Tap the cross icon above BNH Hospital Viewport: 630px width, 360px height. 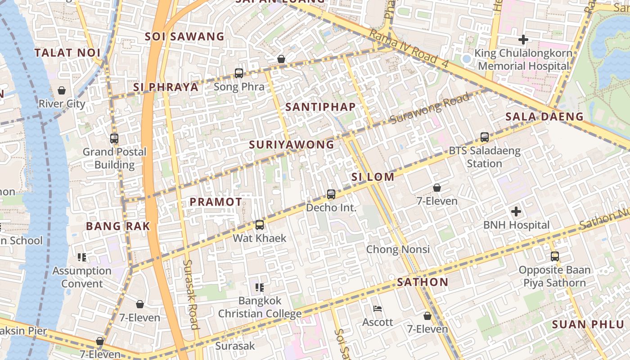pos(516,211)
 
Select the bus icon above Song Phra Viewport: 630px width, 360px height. pos(239,73)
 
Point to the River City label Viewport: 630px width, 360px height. pos(62,103)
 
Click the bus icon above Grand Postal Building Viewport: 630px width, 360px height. pos(114,139)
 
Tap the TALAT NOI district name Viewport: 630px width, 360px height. pos(67,53)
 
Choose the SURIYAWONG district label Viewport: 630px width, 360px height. pos(292,144)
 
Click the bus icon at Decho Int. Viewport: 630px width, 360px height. pos(331,194)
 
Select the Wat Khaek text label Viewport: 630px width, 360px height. pos(259,238)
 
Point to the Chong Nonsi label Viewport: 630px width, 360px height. pos(398,249)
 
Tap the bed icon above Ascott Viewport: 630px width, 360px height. pos(378,309)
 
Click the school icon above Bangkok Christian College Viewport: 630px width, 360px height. pos(260,287)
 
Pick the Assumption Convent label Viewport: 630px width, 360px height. pos(82,277)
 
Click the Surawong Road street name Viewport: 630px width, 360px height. pos(430,108)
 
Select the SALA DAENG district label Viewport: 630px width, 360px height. pos(544,117)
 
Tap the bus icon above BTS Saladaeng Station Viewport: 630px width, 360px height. pos(485,137)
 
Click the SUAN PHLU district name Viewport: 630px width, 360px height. pos(588,324)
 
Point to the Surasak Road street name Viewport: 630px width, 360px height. pos(191,294)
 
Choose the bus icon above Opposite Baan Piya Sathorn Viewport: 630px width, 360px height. pos(555,256)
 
